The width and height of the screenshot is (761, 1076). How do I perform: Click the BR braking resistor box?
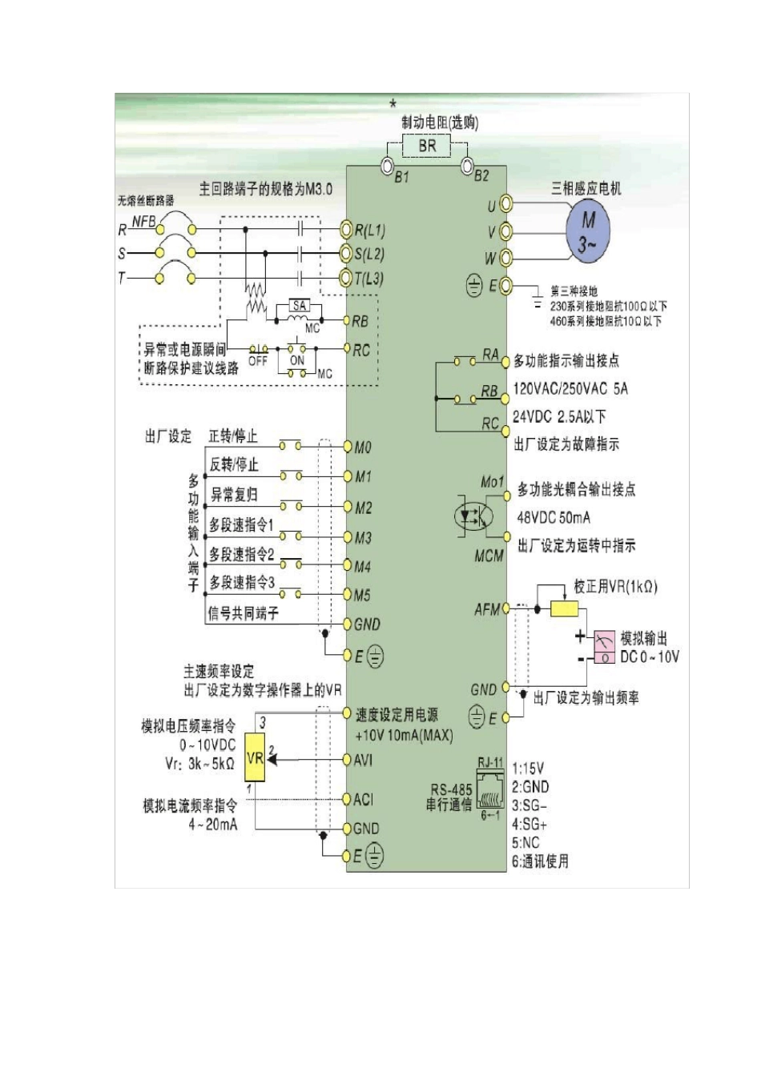point(427,147)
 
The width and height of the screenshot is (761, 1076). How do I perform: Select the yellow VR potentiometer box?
point(255,757)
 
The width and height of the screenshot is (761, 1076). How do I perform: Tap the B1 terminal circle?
point(387,166)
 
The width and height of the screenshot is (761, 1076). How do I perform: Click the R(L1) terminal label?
point(370,231)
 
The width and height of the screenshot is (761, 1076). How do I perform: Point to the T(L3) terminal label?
point(370,279)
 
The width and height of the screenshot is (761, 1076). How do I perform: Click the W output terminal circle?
point(505,258)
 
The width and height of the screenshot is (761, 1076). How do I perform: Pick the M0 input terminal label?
point(363,448)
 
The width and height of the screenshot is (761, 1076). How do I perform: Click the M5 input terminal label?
point(363,596)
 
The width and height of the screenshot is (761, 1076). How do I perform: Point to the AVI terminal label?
point(364,759)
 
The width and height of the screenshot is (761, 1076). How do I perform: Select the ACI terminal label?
point(364,799)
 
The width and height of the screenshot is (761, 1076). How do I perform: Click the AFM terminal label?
point(487,610)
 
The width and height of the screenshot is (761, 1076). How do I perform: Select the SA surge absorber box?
point(300,307)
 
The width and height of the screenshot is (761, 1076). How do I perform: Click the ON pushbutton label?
point(297,361)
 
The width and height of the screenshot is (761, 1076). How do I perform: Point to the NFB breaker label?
point(144,222)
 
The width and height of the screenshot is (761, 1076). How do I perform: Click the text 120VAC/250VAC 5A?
point(570,389)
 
